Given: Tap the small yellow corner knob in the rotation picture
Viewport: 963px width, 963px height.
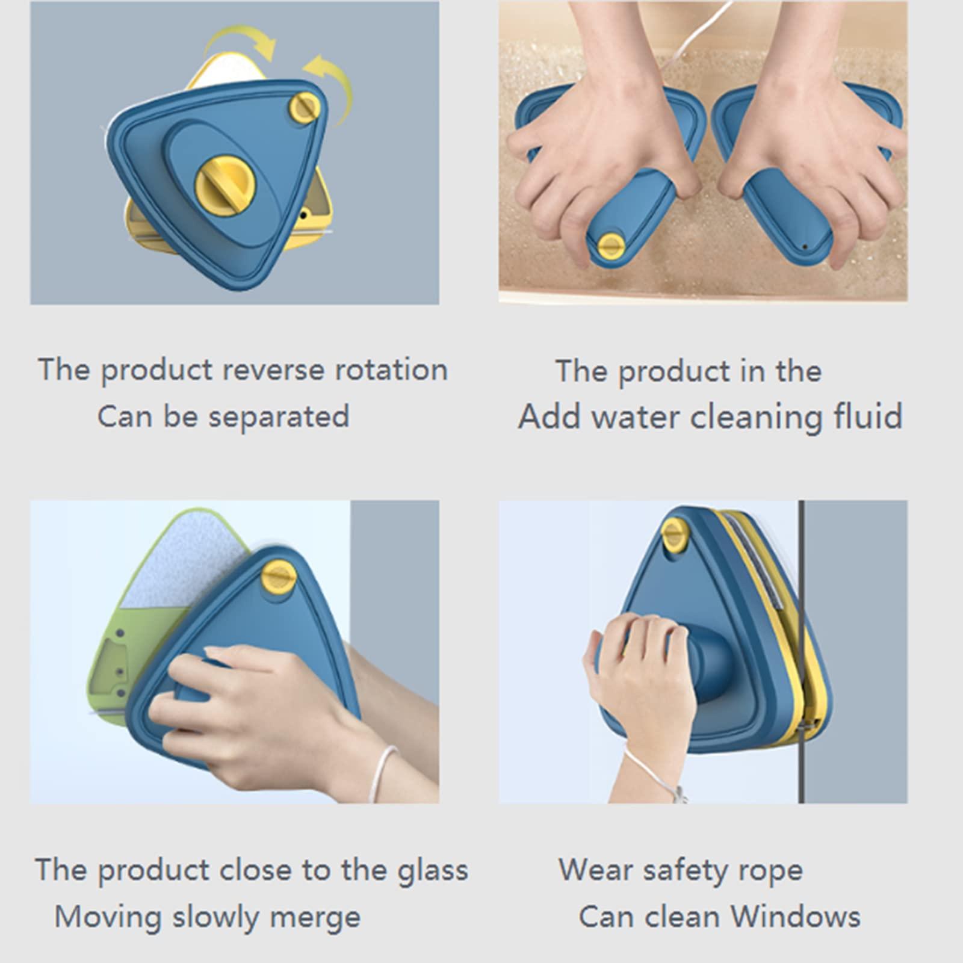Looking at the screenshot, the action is (305, 108).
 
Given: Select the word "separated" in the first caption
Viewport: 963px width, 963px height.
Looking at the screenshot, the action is (279, 416).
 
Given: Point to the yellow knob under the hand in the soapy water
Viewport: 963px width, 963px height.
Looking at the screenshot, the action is (611, 246).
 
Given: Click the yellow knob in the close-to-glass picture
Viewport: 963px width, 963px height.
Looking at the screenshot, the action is (279, 576).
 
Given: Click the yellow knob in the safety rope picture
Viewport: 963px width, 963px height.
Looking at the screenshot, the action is (674, 535).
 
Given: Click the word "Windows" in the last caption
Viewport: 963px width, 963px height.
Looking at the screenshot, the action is (796, 917).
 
